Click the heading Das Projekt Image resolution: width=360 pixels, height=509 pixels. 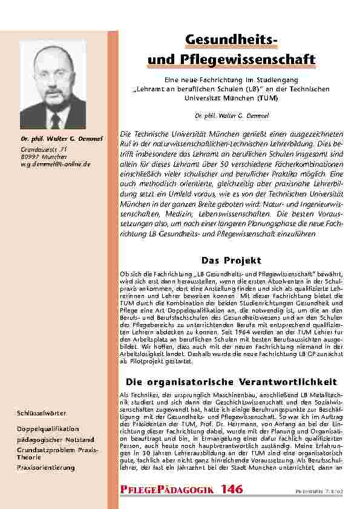231,261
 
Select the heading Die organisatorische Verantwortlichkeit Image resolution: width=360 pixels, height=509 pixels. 231,382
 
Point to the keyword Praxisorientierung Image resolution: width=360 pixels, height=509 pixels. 46,468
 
